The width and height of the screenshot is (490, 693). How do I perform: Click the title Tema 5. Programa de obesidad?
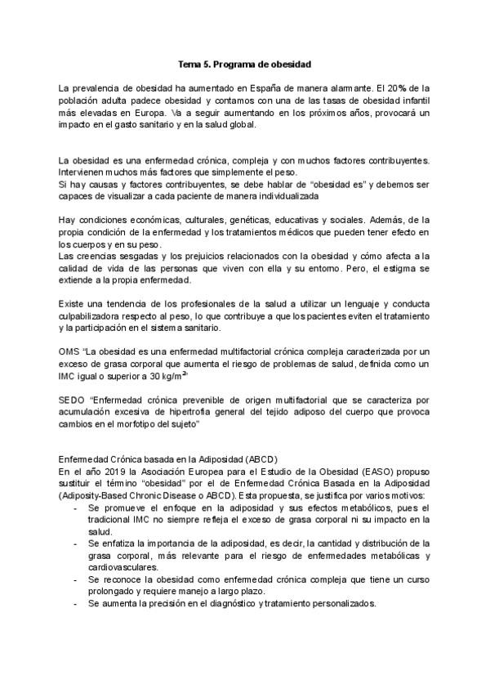pos(245,62)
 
